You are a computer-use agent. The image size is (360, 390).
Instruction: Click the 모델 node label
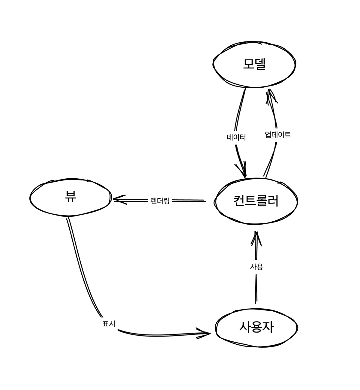click(x=254, y=64)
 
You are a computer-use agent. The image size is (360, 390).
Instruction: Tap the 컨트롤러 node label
click(x=256, y=201)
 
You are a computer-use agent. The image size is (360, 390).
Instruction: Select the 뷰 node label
click(x=70, y=197)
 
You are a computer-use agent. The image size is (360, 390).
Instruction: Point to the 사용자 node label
click(x=256, y=327)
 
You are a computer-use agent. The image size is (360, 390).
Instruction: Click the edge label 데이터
click(x=236, y=138)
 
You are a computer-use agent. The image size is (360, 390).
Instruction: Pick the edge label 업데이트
click(x=278, y=135)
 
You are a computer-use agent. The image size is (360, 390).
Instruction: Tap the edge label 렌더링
click(x=160, y=201)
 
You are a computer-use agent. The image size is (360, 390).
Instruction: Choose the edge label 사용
click(x=256, y=267)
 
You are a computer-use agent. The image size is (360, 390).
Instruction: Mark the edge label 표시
click(x=109, y=324)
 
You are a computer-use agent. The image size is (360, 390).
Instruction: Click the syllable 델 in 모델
click(x=260, y=64)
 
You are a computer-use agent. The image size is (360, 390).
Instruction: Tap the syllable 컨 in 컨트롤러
click(x=239, y=201)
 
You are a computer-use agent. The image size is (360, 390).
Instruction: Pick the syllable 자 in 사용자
click(x=268, y=327)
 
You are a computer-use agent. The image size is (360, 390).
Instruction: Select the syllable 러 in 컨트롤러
click(x=273, y=201)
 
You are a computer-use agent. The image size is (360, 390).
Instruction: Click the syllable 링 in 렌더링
click(x=166, y=201)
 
